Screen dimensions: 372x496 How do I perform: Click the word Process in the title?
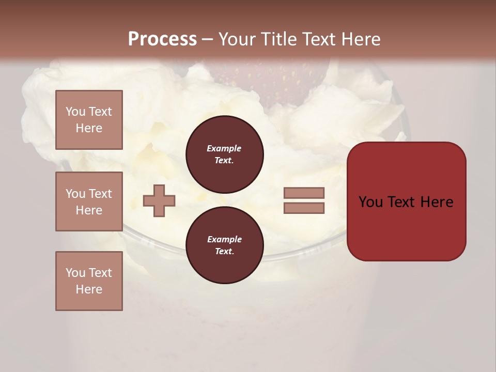[162, 39]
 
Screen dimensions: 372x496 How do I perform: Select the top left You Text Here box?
[89, 120]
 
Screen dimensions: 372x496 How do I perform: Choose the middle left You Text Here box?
[89, 202]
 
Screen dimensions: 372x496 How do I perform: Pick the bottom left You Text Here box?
[89, 281]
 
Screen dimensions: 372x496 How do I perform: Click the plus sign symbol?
[159, 200]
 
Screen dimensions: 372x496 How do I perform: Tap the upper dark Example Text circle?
[224, 154]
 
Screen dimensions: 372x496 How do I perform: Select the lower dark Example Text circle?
[224, 245]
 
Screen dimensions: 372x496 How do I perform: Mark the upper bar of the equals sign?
[304, 193]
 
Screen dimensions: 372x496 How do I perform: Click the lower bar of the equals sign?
[304, 208]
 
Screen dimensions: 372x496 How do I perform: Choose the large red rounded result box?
[406, 202]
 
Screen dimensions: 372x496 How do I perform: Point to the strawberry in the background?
[274, 83]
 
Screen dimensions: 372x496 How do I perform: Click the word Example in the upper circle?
[224, 148]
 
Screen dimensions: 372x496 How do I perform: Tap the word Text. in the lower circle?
[224, 252]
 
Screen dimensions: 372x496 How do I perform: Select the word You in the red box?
[370, 202]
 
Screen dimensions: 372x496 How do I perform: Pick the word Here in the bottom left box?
[89, 289]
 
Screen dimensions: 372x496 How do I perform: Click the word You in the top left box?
[74, 112]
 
